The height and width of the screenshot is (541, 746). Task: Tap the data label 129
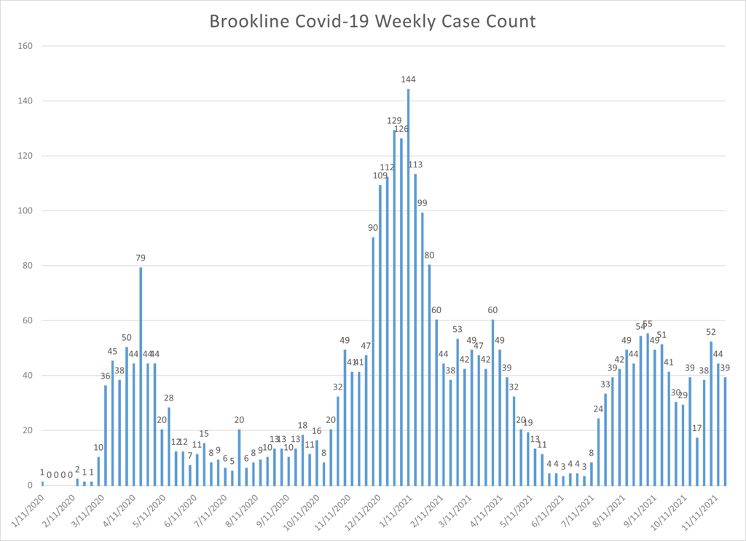click(x=394, y=121)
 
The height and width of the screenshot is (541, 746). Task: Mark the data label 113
click(x=415, y=165)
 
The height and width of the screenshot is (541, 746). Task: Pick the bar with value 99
click(x=423, y=349)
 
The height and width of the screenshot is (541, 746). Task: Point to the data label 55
click(x=648, y=324)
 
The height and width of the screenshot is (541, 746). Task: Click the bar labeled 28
click(x=169, y=446)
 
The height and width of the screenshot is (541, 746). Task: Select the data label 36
click(x=106, y=376)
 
